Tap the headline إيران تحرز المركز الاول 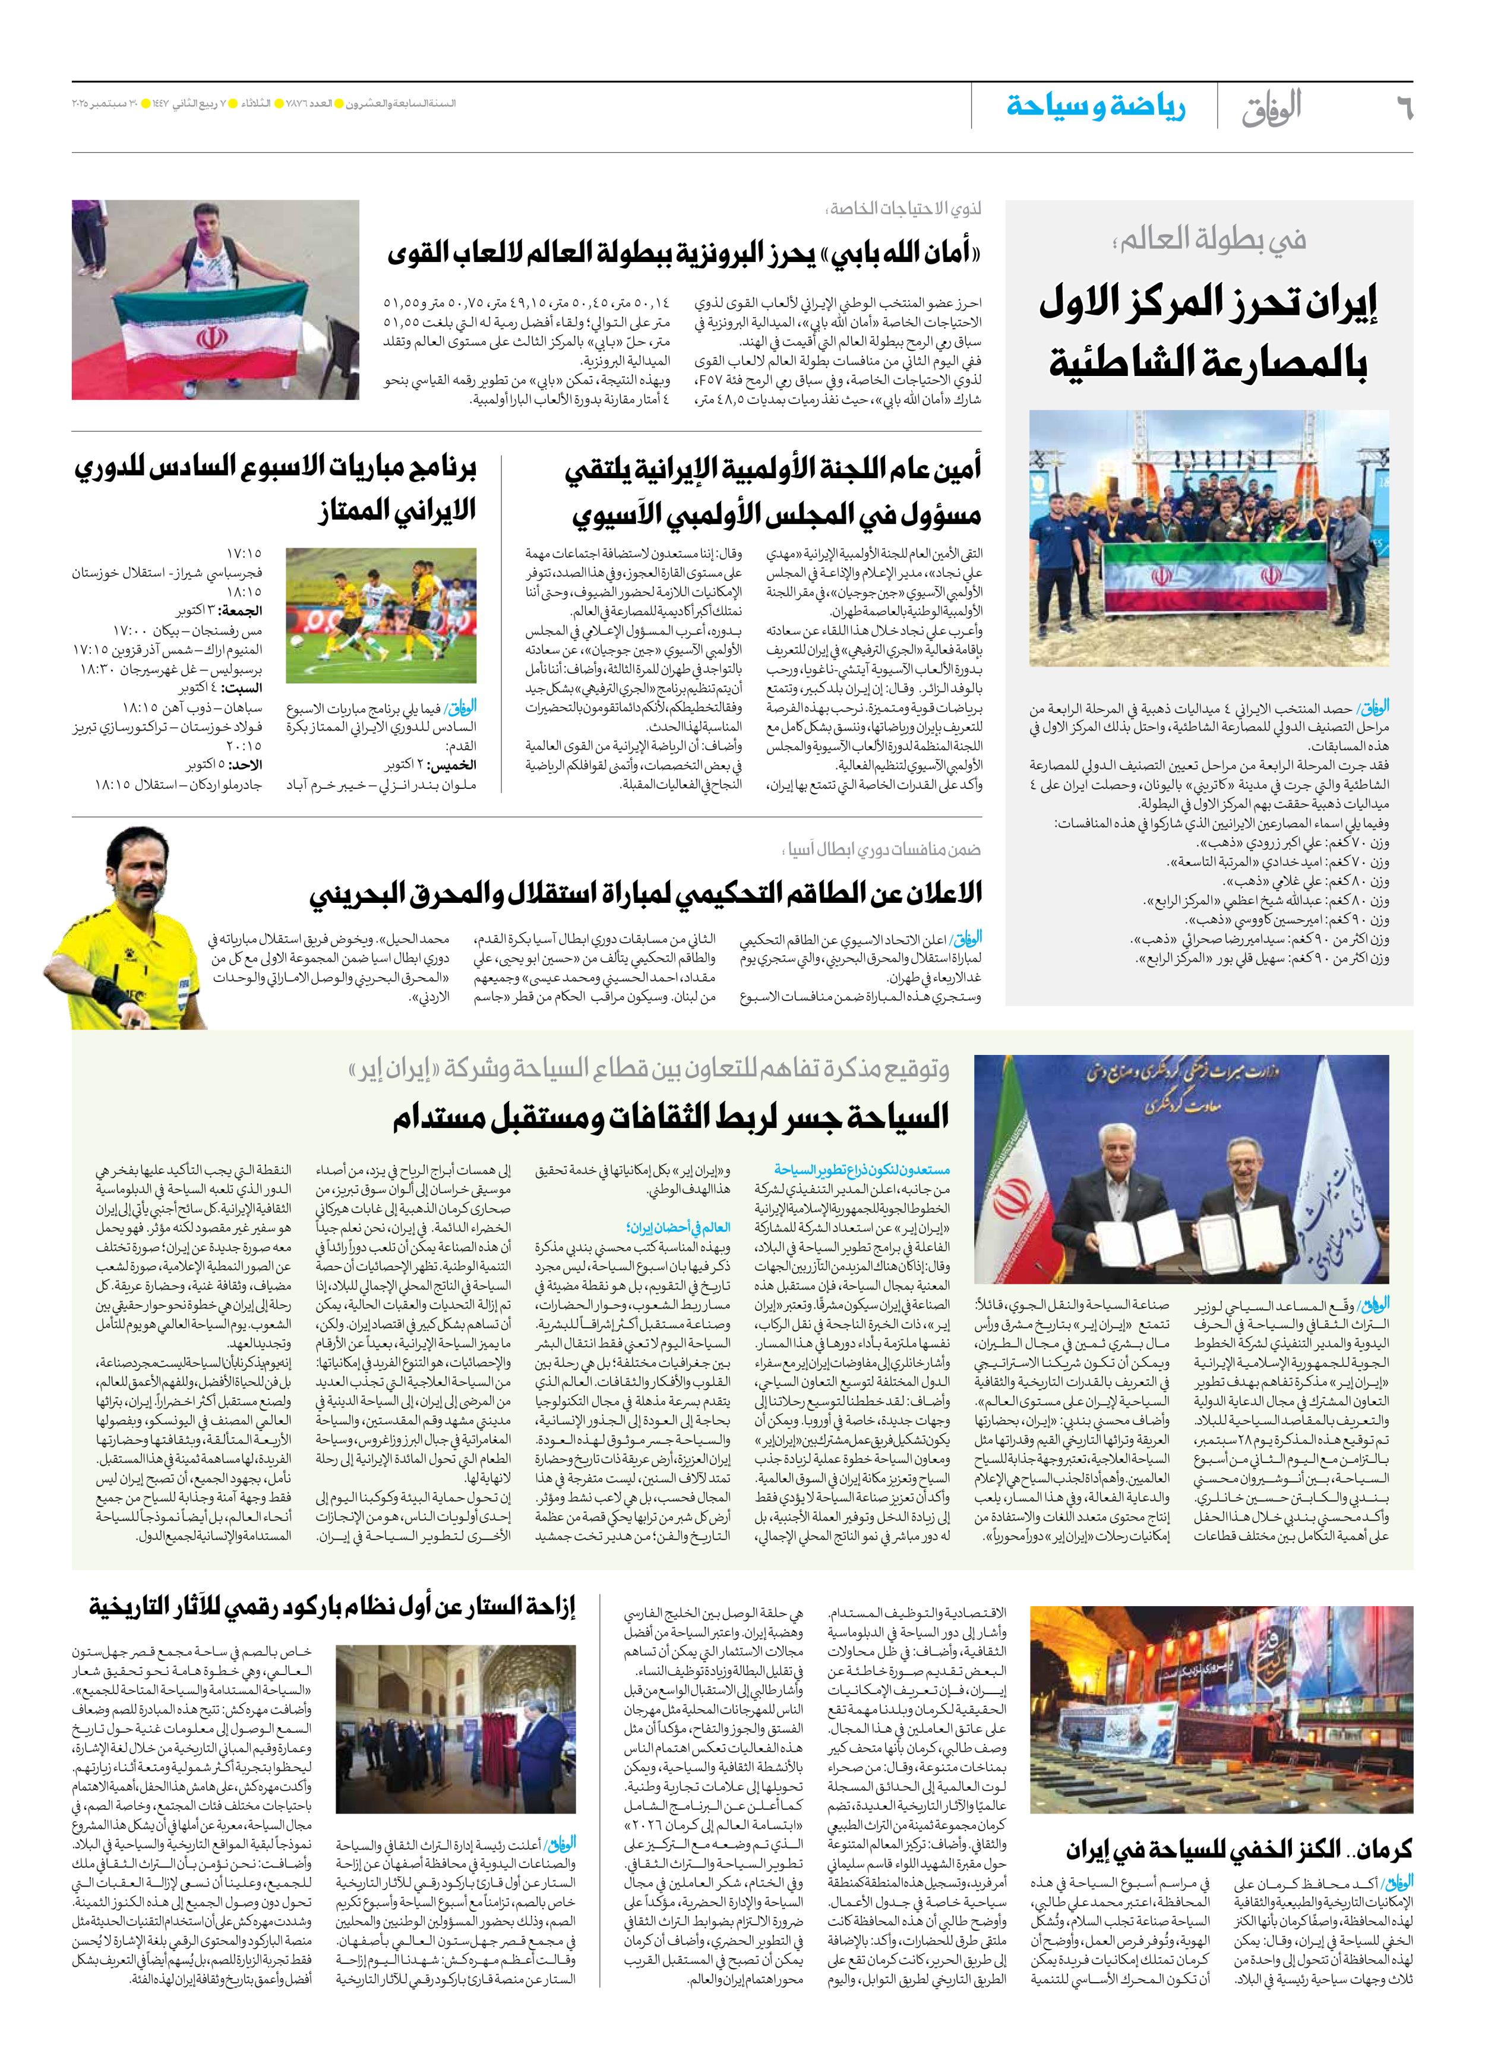point(1208,304)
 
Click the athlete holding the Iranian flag point(215,300)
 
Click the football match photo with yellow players point(381,615)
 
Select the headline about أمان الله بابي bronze point(683,252)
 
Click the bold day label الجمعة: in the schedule point(241,611)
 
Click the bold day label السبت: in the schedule point(242,688)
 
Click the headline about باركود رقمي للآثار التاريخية point(333,1607)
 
